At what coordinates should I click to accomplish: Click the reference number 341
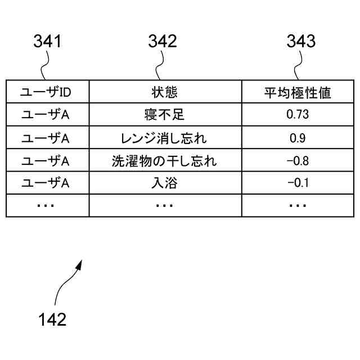click(x=48, y=42)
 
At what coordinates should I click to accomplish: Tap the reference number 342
click(x=163, y=42)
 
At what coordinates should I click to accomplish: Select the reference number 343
click(x=301, y=42)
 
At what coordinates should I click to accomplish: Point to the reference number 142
click(x=52, y=319)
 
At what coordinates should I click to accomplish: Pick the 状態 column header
click(x=164, y=92)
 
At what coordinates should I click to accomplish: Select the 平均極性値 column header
click(x=298, y=92)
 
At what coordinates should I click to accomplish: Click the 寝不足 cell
click(x=164, y=115)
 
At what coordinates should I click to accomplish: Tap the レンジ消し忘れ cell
click(x=164, y=138)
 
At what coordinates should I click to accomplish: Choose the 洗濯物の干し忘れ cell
click(x=164, y=161)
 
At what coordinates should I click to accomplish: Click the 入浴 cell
click(x=164, y=183)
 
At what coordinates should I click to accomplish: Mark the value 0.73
click(x=298, y=115)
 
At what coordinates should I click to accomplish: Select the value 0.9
click(x=298, y=138)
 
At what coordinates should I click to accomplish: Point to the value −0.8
click(x=298, y=161)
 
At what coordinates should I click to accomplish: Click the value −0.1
click(x=298, y=183)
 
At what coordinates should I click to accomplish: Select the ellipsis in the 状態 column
click(x=164, y=206)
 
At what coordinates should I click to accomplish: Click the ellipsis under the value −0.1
click(x=298, y=206)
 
